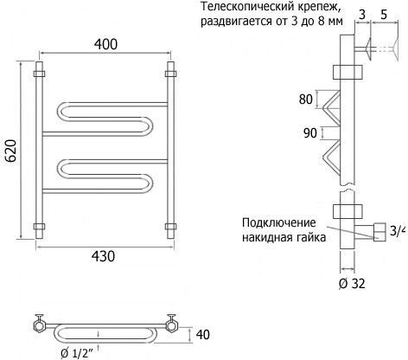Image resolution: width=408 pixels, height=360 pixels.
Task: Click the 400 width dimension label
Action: (x=105, y=44)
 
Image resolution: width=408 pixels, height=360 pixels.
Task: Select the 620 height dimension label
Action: (x=11, y=151)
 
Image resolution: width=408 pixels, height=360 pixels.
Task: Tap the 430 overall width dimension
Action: (x=103, y=256)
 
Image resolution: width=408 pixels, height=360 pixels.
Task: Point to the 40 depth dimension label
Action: (x=202, y=335)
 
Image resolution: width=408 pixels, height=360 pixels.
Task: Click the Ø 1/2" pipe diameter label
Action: (x=77, y=353)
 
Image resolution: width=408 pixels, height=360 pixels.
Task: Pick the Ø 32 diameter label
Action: (x=352, y=284)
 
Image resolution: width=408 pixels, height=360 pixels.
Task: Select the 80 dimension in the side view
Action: (x=306, y=100)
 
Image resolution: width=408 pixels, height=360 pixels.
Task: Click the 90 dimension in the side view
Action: (x=310, y=133)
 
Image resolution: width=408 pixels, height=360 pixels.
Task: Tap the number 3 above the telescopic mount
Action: (x=362, y=15)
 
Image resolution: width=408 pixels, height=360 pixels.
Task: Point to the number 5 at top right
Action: (x=384, y=15)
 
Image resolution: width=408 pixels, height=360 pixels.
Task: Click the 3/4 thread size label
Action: (x=398, y=231)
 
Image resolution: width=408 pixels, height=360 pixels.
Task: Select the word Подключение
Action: (x=279, y=222)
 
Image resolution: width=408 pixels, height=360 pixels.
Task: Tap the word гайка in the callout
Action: (x=312, y=237)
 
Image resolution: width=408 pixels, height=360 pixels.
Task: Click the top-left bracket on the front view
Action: (x=39, y=74)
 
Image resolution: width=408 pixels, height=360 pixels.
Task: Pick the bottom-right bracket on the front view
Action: (x=170, y=227)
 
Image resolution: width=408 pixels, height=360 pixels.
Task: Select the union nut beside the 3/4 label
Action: (x=379, y=232)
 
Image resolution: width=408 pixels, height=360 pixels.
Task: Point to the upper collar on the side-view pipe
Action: (x=347, y=72)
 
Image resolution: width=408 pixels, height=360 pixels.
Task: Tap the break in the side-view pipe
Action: (x=347, y=188)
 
